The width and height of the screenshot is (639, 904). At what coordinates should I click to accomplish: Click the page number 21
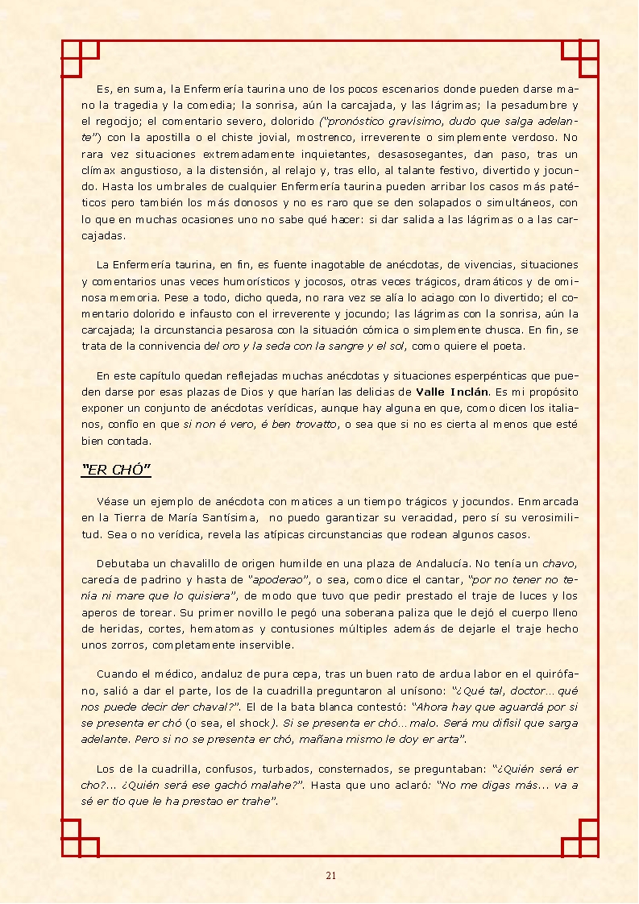click(330, 876)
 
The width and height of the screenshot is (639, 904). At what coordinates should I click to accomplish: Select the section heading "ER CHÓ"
click(117, 470)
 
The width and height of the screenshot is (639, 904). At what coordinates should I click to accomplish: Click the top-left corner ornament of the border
click(80, 59)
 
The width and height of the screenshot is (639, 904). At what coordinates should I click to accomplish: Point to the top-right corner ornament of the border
click(580, 59)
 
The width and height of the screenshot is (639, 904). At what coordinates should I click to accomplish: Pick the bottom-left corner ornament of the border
click(80, 838)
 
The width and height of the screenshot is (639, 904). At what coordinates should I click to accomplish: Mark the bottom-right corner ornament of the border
click(580, 838)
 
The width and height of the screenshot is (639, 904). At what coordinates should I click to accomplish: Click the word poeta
click(508, 346)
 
